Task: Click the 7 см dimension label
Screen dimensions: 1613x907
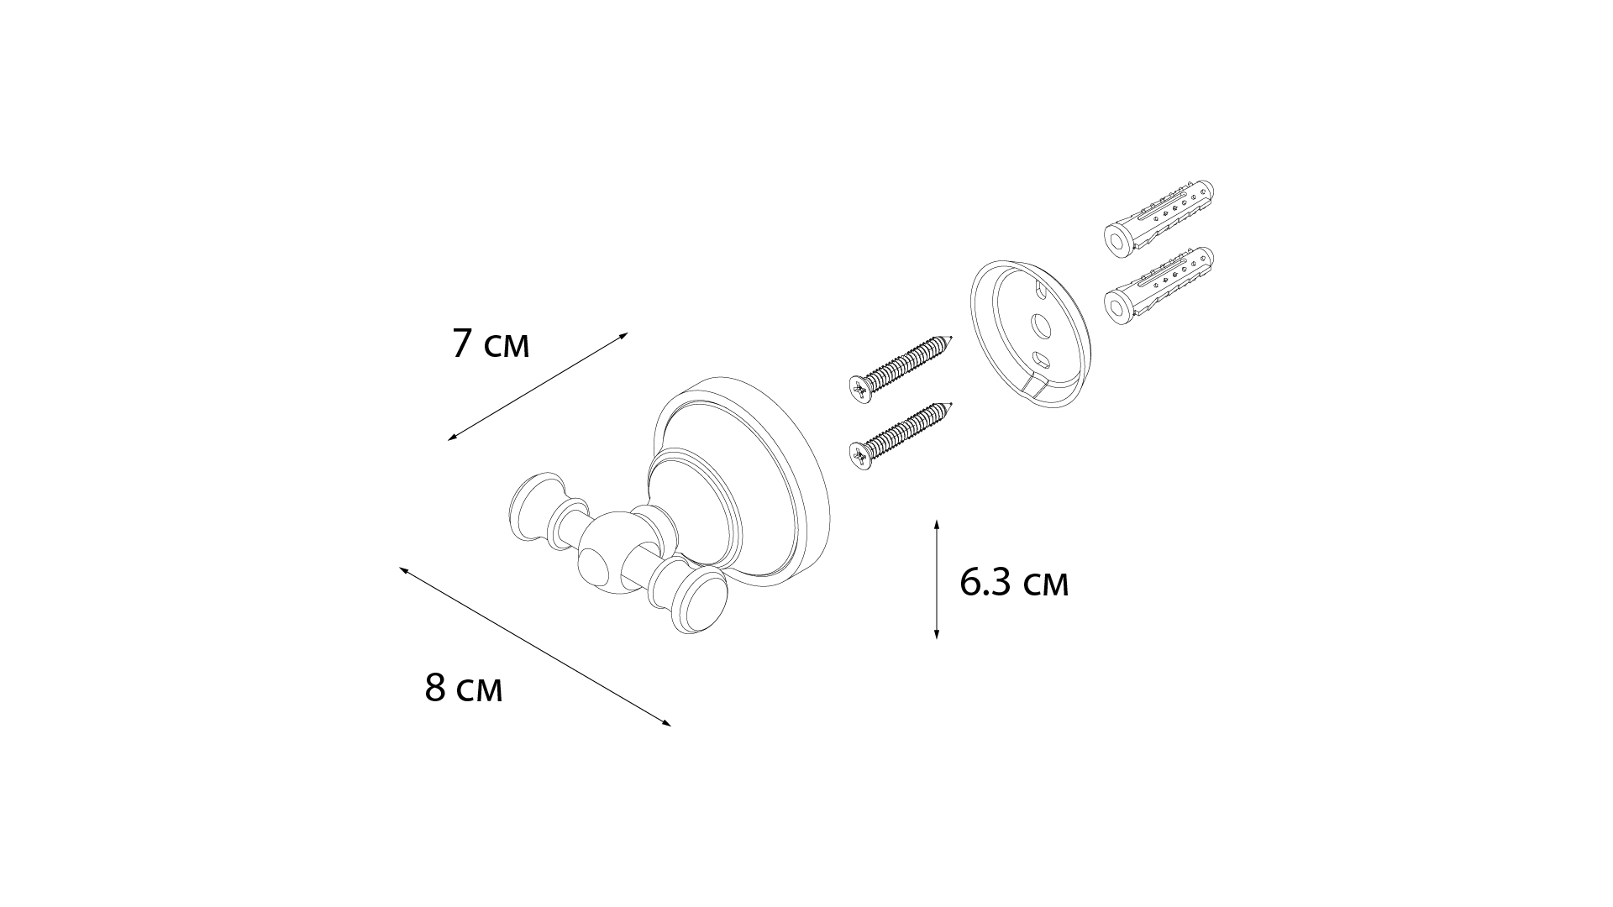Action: coord(491,343)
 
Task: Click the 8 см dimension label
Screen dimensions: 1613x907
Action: coord(464,688)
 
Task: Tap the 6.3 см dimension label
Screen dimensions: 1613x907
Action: coord(1014,582)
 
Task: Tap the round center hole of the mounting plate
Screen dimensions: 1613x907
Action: coord(1041,326)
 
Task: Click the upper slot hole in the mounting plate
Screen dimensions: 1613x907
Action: coord(1042,291)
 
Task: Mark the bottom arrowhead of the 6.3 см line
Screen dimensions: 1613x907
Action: coord(937,634)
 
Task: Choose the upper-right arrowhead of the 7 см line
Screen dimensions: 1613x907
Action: coord(624,335)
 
